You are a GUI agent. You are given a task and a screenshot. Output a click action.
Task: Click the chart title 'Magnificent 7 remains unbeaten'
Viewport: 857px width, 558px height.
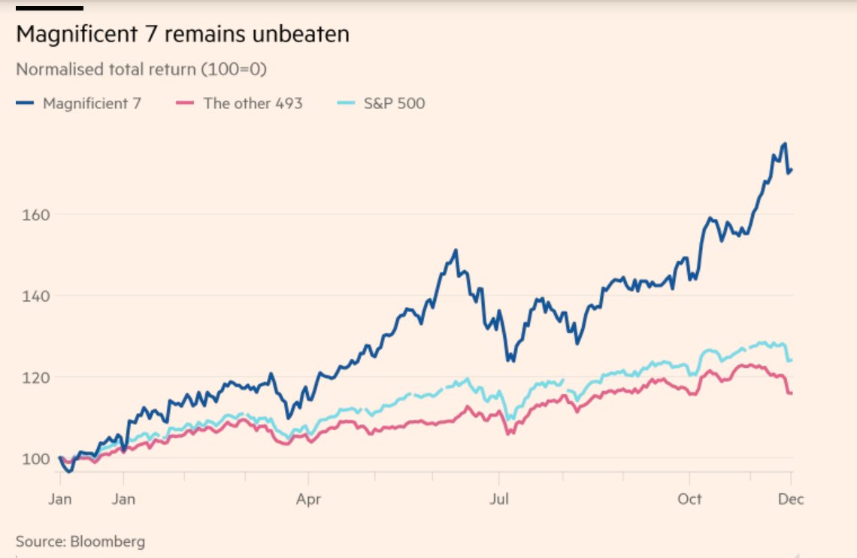click(183, 35)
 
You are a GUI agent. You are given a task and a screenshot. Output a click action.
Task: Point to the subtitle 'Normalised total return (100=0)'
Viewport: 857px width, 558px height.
click(141, 70)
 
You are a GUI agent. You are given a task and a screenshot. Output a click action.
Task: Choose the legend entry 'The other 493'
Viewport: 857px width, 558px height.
click(253, 103)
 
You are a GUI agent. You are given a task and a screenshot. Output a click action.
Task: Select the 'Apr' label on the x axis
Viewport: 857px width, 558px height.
click(308, 498)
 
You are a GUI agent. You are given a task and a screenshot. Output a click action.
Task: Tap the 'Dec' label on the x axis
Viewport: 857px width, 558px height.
click(790, 498)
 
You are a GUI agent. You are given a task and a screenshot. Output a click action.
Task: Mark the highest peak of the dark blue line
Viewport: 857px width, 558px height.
click(785, 143)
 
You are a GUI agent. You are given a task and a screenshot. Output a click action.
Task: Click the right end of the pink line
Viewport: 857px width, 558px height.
click(792, 393)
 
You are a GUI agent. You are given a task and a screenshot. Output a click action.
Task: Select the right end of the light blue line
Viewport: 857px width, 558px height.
click(792, 360)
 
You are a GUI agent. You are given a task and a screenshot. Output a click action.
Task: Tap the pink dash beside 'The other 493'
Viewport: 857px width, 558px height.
click(189, 103)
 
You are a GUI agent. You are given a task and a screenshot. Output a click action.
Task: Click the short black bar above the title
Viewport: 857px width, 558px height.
click(49, 8)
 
